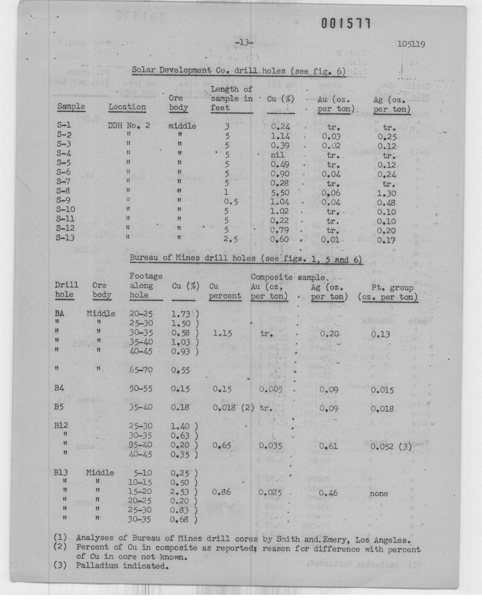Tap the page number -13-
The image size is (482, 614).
[x=244, y=43]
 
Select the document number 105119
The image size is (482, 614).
[x=411, y=44]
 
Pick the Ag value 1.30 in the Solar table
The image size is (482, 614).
[x=387, y=194]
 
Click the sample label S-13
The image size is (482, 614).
[x=65, y=238]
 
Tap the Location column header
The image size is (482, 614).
[x=127, y=107]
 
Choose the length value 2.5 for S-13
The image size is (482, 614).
[x=231, y=239]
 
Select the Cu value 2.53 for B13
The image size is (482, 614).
[x=180, y=491]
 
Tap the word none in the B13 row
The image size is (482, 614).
[x=379, y=493]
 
